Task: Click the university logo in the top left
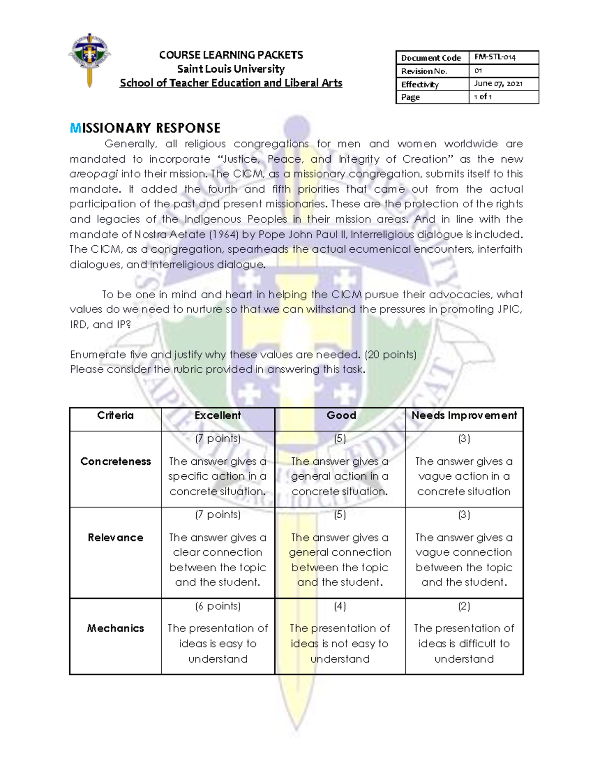coord(89,59)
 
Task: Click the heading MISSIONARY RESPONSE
coord(145,128)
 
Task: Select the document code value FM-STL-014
coord(495,57)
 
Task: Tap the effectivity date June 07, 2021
coord(498,84)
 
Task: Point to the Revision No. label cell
coord(424,71)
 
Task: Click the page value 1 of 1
coord(483,97)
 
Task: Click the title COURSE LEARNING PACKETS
coord(231,55)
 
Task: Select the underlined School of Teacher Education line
coord(231,83)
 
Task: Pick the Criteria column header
coord(115,415)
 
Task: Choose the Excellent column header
coord(217,415)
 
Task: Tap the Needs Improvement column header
coord(464,415)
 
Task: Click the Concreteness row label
coord(115,461)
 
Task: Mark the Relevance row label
coord(115,538)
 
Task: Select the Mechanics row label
coord(115,628)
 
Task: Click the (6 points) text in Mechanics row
coord(217,606)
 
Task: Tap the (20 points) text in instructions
coord(390,355)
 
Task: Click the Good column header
coord(341,415)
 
